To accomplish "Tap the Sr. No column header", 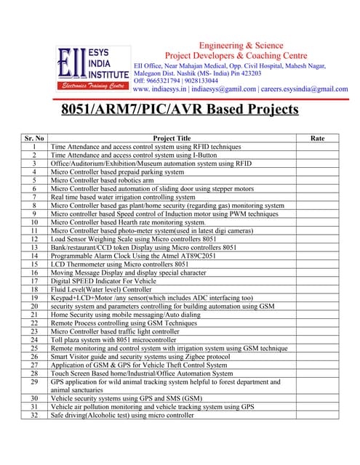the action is click(x=34, y=138).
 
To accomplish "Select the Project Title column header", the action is click(x=172, y=138).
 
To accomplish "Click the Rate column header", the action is click(x=318, y=138).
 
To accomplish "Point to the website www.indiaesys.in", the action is click(x=164, y=89).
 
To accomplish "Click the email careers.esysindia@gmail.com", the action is click(x=306, y=89).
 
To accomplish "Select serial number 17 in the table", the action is click(x=34, y=280).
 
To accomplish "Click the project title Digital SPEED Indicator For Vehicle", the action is click(x=103, y=280).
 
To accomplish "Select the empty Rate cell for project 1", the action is click(x=318, y=146).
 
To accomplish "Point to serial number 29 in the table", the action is click(x=34, y=381).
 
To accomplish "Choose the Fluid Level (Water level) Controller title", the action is click(x=100, y=289).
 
